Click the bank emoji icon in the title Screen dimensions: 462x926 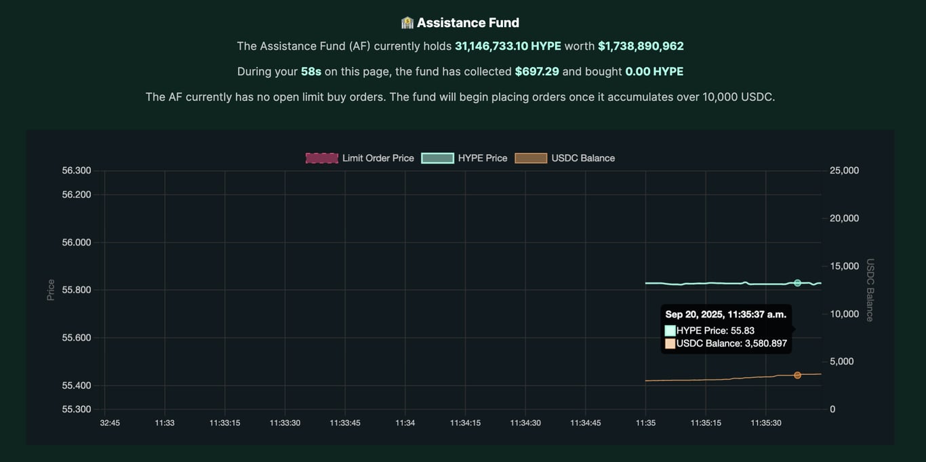407,23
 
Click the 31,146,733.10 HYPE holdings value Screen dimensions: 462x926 508,46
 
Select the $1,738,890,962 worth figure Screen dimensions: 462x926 641,46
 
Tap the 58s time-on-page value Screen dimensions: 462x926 311,71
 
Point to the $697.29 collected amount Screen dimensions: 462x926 537,71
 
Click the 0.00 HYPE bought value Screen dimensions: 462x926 654,71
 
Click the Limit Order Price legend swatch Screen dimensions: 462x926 322,158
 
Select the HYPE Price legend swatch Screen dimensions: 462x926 437,158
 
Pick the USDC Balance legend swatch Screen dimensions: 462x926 531,158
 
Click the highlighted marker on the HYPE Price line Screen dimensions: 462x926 797,283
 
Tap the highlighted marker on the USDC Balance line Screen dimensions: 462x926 797,375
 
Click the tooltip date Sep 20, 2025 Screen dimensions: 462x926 693,315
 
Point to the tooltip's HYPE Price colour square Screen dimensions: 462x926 670,330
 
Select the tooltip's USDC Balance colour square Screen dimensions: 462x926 670,344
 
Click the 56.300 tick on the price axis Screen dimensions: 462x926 77,170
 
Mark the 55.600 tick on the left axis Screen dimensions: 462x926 77,338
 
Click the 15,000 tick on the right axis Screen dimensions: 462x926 845,266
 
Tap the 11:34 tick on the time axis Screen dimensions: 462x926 405,423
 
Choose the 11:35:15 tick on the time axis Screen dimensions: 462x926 706,423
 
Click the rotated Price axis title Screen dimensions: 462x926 51,290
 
